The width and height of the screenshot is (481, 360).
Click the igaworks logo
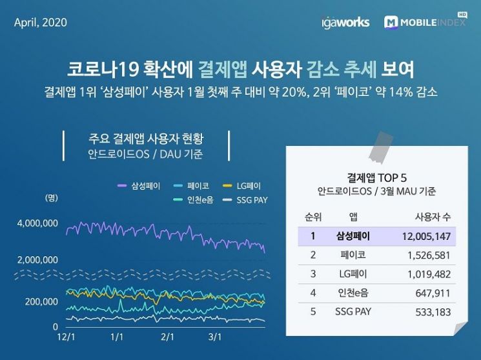tap(345, 22)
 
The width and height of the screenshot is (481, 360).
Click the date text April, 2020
tap(40, 22)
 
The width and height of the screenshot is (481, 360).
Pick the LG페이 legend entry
tap(243, 186)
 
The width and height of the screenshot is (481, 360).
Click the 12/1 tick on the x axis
tap(66, 337)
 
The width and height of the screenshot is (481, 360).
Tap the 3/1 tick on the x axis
tap(215, 337)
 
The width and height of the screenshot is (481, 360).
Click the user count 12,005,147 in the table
tap(424, 235)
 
